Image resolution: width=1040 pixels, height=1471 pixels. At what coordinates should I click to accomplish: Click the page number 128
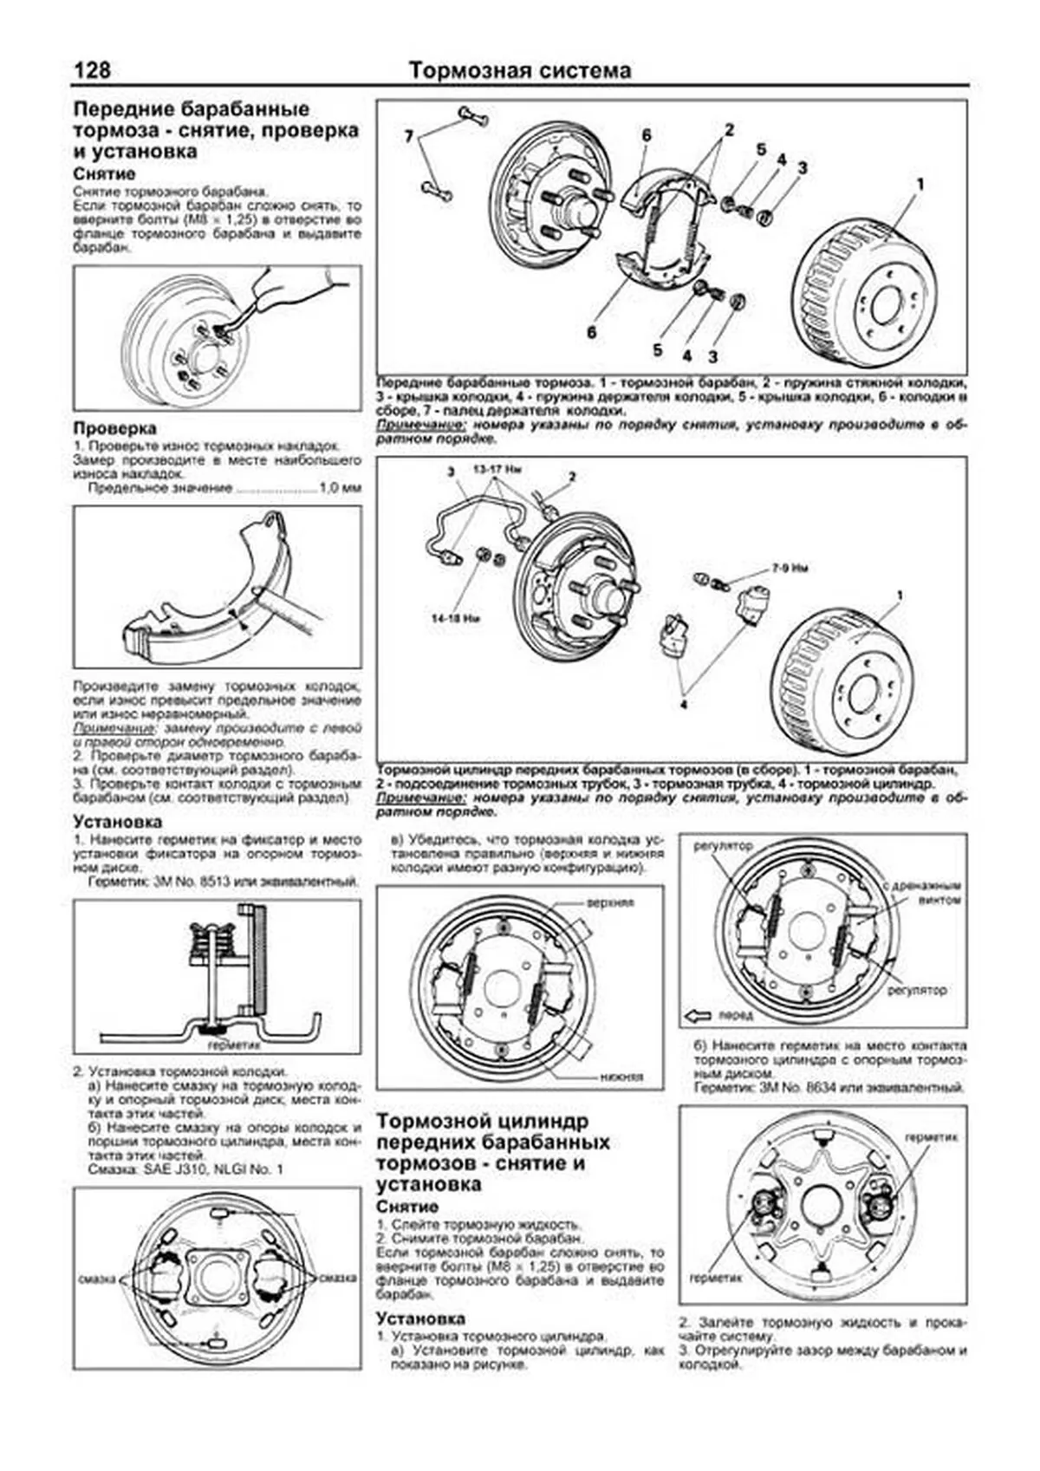pos(93,70)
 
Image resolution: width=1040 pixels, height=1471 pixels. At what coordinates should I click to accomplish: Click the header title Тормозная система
pos(520,70)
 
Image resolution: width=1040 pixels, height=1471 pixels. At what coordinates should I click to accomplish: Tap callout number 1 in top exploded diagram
pos(920,184)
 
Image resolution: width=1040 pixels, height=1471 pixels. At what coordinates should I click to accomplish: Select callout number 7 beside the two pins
pos(409,136)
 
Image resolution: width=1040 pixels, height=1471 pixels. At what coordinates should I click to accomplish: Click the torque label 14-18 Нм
pos(458,620)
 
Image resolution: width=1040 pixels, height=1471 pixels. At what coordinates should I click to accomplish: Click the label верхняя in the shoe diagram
pos(610,902)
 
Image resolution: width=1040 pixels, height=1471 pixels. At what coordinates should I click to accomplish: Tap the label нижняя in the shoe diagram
pos(621,1077)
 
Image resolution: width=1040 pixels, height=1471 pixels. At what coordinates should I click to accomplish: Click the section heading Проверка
pos(114,428)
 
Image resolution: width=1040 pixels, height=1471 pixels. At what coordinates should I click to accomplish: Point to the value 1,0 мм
pos(340,488)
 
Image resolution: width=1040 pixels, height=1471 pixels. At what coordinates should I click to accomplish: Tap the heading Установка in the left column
pos(117,821)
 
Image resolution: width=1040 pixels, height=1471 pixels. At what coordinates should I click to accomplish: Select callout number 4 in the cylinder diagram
pos(683,704)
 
